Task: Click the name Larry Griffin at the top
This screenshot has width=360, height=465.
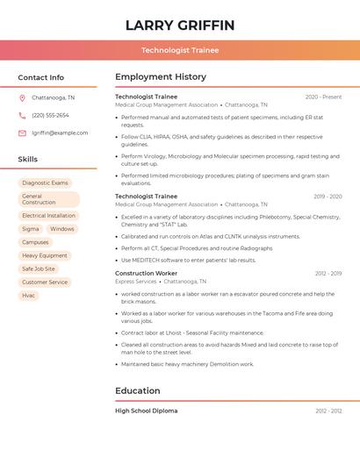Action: coord(180,25)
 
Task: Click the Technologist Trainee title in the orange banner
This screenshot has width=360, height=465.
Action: coord(180,50)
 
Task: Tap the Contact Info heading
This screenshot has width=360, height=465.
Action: coord(41,77)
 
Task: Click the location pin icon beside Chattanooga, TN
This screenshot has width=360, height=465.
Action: coord(22,97)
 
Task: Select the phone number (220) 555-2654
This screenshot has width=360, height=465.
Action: coord(50,115)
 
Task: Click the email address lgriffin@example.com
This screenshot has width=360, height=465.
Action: coord(60,132)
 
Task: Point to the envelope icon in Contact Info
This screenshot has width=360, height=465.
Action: coord(22,132)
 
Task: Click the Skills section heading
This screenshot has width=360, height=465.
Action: coord(28,159)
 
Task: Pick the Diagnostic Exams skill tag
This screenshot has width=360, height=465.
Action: coord(45,182)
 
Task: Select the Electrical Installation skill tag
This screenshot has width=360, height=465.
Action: coord(48,215)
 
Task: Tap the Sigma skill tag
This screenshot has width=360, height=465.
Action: coord(31,229)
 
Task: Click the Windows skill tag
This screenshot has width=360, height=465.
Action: coord(61,229)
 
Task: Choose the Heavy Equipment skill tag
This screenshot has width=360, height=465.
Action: coord(45,255)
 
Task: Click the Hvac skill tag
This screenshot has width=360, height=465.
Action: coord(29,295)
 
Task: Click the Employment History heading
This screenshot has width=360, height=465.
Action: coord(161,77)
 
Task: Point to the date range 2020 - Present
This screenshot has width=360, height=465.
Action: coord(323,97)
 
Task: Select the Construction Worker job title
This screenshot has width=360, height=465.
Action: coord(146,273)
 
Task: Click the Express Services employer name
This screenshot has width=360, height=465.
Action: coord(135,282)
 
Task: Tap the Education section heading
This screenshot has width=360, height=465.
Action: coord(138,390)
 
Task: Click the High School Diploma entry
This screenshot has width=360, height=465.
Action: coord(146,411)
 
